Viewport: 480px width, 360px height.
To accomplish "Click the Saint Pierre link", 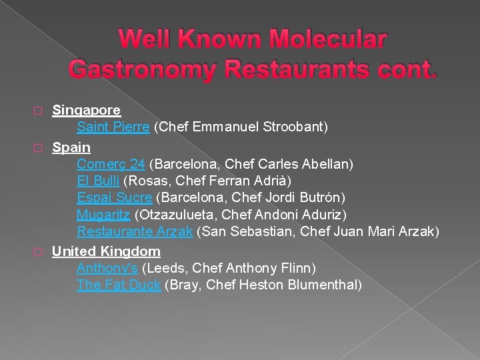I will point(113,127).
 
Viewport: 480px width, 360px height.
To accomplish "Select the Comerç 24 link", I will point(111,163).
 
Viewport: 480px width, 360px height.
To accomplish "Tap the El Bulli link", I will point(98,181).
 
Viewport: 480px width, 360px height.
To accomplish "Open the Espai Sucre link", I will point(115,197).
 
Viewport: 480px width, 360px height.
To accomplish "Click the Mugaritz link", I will point(103,215).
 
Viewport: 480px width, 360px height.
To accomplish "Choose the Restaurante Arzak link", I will point(135,231).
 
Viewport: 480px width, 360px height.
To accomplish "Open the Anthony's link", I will point(107,268).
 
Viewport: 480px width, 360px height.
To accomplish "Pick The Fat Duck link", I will point(118,285).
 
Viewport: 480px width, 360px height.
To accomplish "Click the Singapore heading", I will point(86,109).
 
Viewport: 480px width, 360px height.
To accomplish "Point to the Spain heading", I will point(71,147).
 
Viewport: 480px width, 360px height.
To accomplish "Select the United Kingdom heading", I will point(106,251).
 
